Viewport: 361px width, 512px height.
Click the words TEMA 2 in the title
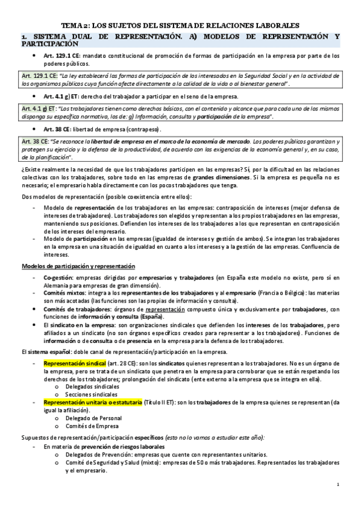[78, 26]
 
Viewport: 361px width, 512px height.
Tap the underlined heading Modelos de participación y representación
[78, 266]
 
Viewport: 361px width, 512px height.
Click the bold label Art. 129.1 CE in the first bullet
[62, 56]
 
